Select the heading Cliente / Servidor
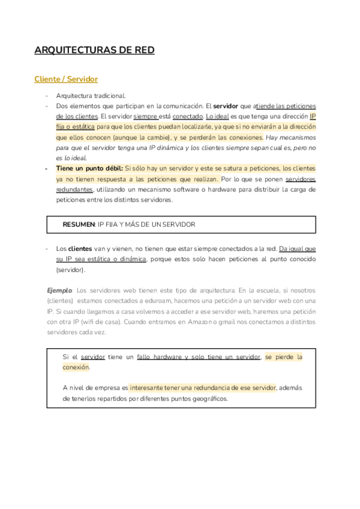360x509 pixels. [x=66, y=79]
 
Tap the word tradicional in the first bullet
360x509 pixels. [x=109, y=95]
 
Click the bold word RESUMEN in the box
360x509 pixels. [x=79, y=224]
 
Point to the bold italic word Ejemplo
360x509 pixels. [x=59, y=290]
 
